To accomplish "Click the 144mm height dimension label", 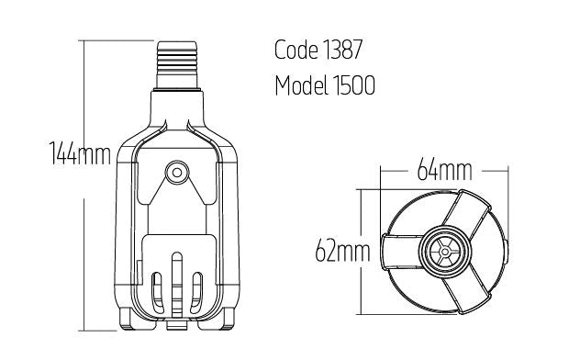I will coord(80,154).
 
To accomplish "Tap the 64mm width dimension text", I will coord(444,172).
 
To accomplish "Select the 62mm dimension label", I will coord(342,251).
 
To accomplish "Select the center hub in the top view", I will coord(442,250).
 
